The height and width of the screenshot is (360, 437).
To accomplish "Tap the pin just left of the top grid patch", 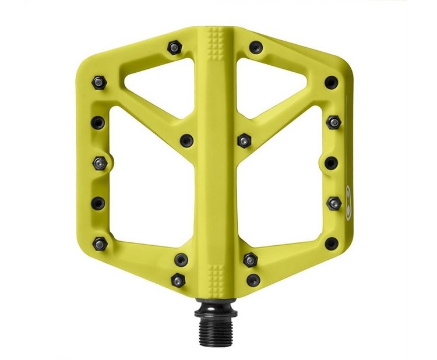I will click(174, 46).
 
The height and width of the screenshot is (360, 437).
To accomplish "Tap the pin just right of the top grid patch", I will click(255, 47).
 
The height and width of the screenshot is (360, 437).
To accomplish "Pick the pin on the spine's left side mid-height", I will click(186, 140).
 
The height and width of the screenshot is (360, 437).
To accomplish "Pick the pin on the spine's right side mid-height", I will click(244, 140).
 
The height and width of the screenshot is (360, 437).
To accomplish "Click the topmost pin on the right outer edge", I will click(331, 82).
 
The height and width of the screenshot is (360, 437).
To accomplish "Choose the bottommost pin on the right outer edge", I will click(331, 242).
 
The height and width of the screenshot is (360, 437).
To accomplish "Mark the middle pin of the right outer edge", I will click(331, 163).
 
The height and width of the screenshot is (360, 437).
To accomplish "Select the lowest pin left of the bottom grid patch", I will click(177, 280).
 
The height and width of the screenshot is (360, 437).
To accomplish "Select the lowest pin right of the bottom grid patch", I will click(253, 280).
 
